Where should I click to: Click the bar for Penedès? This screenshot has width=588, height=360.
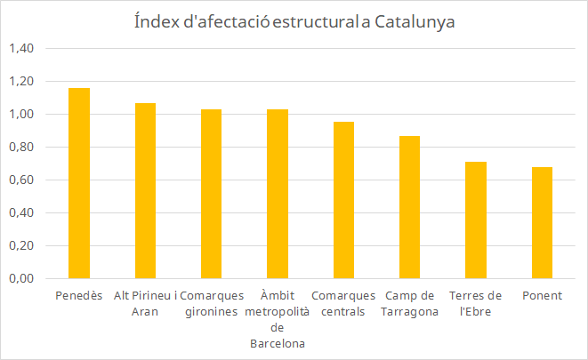(x=79, y=183)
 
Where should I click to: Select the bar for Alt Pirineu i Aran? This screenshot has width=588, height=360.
(x=146, y=191)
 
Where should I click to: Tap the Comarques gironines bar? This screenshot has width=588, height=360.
(x=211, y=194)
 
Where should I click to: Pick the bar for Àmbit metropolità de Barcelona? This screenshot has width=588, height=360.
(x=278, y=194)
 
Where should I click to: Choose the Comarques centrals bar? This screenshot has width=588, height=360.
(x=343, y=200)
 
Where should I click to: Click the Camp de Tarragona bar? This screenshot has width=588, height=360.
(x=409, y=207)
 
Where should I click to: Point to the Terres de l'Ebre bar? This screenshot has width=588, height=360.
(x=476, y=220)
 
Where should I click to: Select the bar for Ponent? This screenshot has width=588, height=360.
(x=542, y=222)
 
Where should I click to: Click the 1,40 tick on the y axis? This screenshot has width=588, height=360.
(x=21, y=48)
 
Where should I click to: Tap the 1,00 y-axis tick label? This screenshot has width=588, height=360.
(x=21, y=114)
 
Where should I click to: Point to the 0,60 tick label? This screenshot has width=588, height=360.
(x=21, y=180)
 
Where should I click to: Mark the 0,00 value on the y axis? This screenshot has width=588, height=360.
(x=21, y=278)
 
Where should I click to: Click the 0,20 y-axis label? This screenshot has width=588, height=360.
(x=21, y=245)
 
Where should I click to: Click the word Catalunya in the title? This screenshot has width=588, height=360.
(x=415, y=21)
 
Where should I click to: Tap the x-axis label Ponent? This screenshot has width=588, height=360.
(x=543, y=296)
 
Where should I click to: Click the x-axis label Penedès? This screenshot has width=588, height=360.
(x=79, y=296)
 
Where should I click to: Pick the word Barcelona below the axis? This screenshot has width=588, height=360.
(x=278, y=343)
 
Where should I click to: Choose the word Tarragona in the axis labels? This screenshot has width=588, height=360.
(x=409, y=312)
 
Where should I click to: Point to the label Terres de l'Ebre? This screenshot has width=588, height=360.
(x=476, y=303)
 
